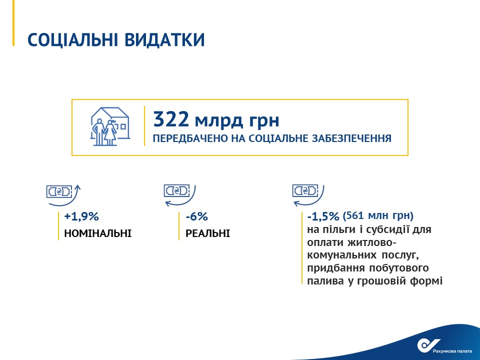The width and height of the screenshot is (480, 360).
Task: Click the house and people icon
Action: click(x=110, y=126)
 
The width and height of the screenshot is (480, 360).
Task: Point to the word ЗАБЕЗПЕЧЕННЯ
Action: click(x=351, y=138)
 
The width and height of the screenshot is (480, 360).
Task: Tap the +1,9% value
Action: click(x=81, y=216)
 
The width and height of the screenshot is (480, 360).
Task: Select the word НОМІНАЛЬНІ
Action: click(x=97, y=233)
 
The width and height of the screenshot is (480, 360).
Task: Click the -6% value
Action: click(x=196, y=216)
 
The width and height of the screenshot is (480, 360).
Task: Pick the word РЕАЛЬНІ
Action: click(x=207, y=233)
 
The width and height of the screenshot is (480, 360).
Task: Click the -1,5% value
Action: click(x=323, y=216)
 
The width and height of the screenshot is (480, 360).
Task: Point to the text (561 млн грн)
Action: click(x=378, y=216)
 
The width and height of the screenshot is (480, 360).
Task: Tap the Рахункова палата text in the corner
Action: click(x=452, y=351)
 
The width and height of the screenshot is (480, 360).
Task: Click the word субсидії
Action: click(x=384, y=229)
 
